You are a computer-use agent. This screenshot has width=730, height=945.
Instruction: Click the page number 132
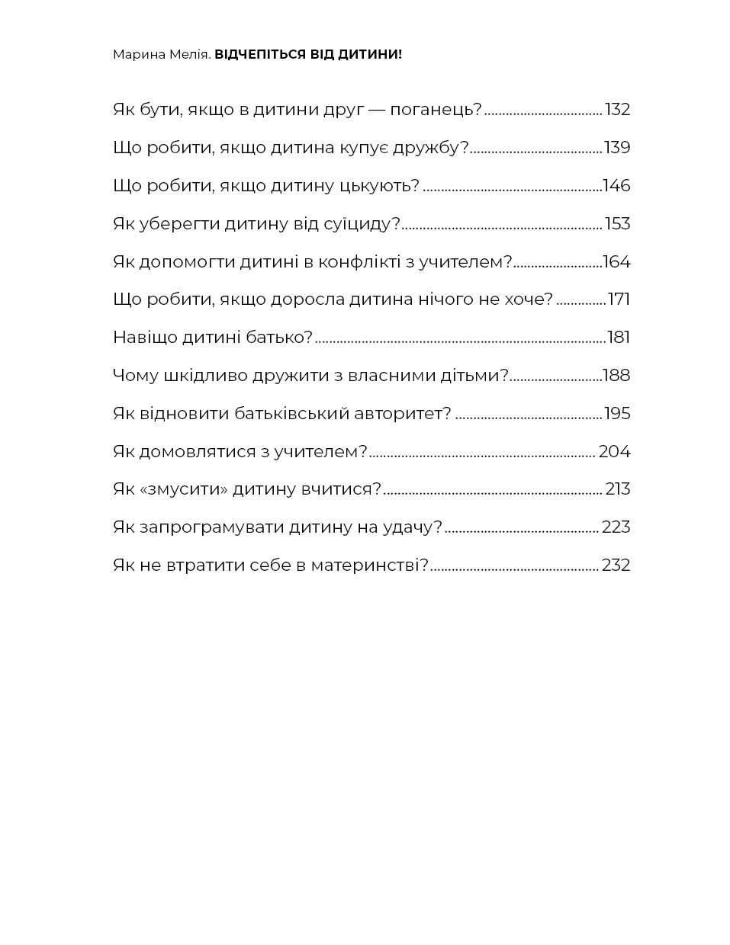[617, 110]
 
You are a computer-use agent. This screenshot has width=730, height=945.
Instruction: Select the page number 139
[617, 148]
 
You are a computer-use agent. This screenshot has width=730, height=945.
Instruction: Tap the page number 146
[616, 186]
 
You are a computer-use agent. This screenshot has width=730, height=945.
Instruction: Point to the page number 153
[617, 224]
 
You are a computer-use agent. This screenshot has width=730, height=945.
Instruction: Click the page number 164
[616, 262]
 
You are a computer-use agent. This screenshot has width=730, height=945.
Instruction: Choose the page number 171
[619, 300]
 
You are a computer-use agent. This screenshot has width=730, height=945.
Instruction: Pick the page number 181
[619, 338]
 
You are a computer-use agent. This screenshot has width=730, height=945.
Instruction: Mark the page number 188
[616, 376]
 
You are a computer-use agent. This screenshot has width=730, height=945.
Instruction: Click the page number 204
[614, 452]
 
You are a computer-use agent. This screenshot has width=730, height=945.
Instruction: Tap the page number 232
[616, 565]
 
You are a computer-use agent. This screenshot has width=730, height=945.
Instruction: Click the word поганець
[436, 110]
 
